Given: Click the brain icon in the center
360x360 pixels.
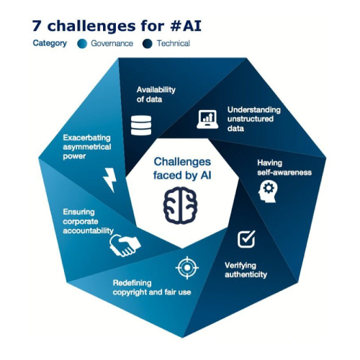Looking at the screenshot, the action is (181, 205).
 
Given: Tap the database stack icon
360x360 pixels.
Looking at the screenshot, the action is (141, 125).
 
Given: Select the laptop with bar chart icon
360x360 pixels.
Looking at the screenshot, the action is (207, 120).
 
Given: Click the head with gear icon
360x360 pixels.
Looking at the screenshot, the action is (268, 192).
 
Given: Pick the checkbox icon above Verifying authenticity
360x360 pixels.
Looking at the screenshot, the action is (246, 239).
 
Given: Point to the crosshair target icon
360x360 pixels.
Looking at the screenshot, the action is (187, 268).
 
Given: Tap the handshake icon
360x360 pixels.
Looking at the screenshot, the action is (125, 246).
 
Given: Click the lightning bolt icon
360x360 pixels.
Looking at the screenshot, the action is (110, 180).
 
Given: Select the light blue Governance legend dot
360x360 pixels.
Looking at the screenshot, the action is (82, 44).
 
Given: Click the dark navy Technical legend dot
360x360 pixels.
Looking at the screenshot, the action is (148, 44).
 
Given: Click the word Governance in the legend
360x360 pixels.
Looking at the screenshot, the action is (112, 43).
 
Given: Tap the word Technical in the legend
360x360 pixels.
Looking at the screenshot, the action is (174, 43).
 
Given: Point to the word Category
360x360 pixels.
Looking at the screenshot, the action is (50, 43).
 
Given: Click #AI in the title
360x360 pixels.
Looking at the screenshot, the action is (186, 26).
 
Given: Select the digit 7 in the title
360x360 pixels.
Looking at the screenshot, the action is (37, 26).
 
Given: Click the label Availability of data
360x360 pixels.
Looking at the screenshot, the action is (156, 94).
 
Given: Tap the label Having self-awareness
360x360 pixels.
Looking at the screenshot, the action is (284, 168).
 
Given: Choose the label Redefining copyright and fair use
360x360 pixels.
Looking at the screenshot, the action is (152, 287).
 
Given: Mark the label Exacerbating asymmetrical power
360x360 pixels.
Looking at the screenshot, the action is (87, 147).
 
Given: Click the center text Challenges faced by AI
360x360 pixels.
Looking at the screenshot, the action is (182, 168).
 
